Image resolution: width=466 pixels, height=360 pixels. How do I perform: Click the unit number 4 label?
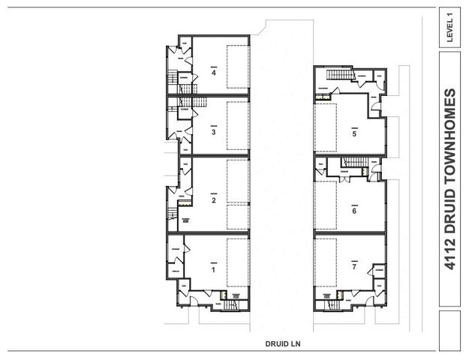214,73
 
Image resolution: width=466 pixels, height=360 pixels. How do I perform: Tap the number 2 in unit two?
214,200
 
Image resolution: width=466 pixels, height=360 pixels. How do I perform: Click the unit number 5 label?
354,134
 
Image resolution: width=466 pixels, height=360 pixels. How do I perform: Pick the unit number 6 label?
354,211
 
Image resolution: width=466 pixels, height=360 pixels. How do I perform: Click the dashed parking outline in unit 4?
238,67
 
